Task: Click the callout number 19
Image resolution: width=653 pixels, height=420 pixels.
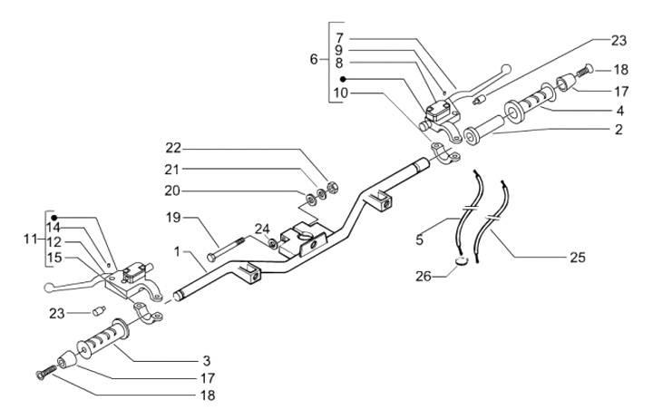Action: pyautogui.click(x=173, y=218)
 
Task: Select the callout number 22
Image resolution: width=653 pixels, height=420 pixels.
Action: pyautogui.click(x=173, y=149)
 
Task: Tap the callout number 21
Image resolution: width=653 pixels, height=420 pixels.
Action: pyautogui.click(x=173, y=170)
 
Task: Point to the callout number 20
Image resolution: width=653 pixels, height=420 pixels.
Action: pyautogui.click(x=173, y=190)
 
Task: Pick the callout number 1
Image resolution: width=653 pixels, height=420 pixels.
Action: pyautogui.click(x=180, y=251)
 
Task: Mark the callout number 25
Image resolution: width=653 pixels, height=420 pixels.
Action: pyautogui.click(x=577, y=258)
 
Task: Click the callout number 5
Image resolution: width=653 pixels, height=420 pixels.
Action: pyautogui.click(x=420, y=240)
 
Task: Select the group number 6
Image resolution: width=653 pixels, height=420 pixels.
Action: pyautogui.click(x=314, y=60)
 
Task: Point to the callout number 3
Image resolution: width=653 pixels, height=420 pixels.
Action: pyautogui.click(x=207, y=359)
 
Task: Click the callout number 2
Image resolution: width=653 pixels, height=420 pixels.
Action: pyautogui.click(x=618, y=130)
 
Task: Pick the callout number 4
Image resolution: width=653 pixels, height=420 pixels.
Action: pyautogui.click(x=619, y=110)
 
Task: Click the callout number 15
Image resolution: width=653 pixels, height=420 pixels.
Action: pyautogui.click(x=54, y=257)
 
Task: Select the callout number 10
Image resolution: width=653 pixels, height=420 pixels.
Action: pyautogui.click(x=339, y=93)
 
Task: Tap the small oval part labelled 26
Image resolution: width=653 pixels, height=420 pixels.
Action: pyautogui.click(x=462, y=264)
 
